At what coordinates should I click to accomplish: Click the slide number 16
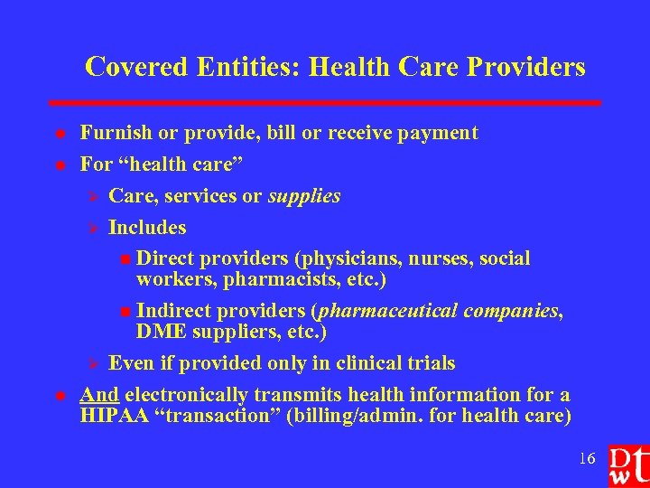click(587, 459)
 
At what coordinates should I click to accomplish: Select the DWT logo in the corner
click(627, 464)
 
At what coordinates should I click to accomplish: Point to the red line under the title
click(325, 103)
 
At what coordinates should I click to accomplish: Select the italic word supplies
click(304, 195)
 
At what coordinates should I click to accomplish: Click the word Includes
click(147, 227)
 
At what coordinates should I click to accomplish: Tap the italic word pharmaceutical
click(386, 311)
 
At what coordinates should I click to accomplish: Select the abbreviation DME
click(160, 332)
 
